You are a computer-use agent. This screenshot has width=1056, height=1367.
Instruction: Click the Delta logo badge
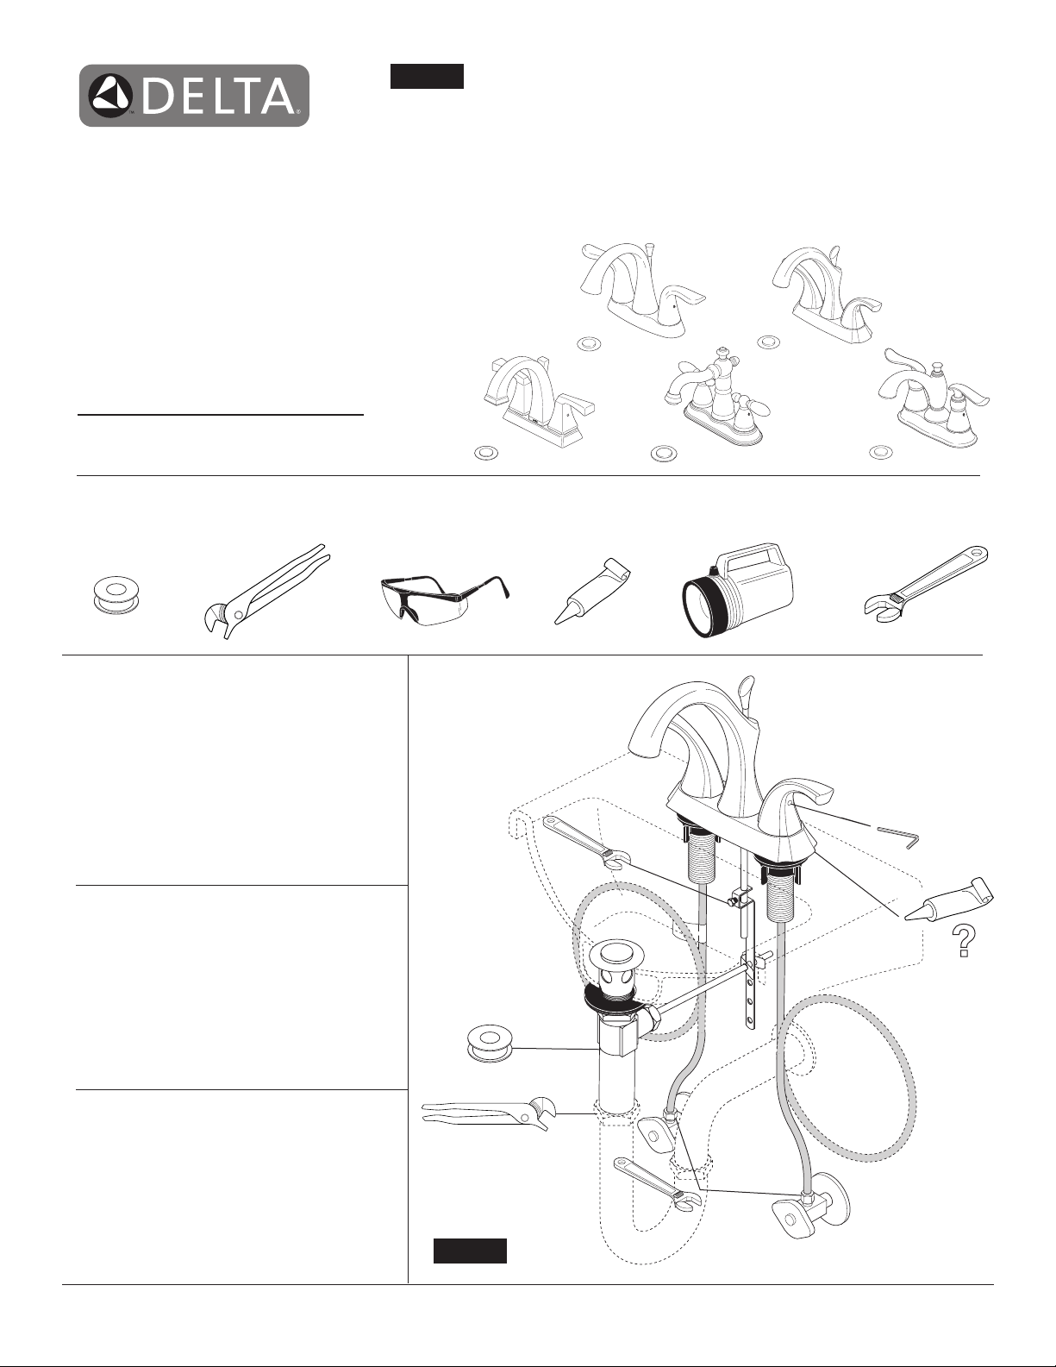coord(194,96)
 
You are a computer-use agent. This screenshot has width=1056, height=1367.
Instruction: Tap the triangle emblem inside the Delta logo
coord(110,97)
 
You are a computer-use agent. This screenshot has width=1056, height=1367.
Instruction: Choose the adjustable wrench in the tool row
coord(924,576)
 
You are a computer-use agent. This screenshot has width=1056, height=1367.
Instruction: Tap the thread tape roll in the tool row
coord(116,595)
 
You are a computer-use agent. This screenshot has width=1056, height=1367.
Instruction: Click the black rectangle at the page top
coord(427,76)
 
